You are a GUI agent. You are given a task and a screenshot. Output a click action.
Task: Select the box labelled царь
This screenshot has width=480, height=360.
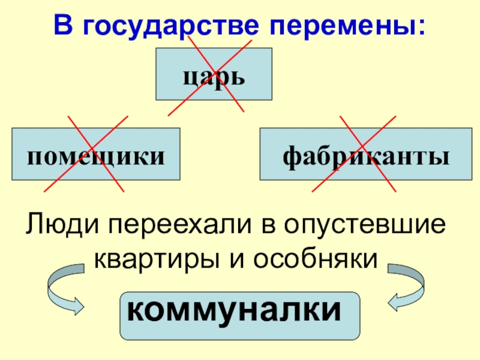(x=214, y=74)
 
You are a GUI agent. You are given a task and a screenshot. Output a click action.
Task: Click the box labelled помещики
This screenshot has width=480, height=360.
(x=96, y=154)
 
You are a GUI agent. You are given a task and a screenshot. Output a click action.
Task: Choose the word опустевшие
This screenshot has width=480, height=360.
(x=365, y=227)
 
